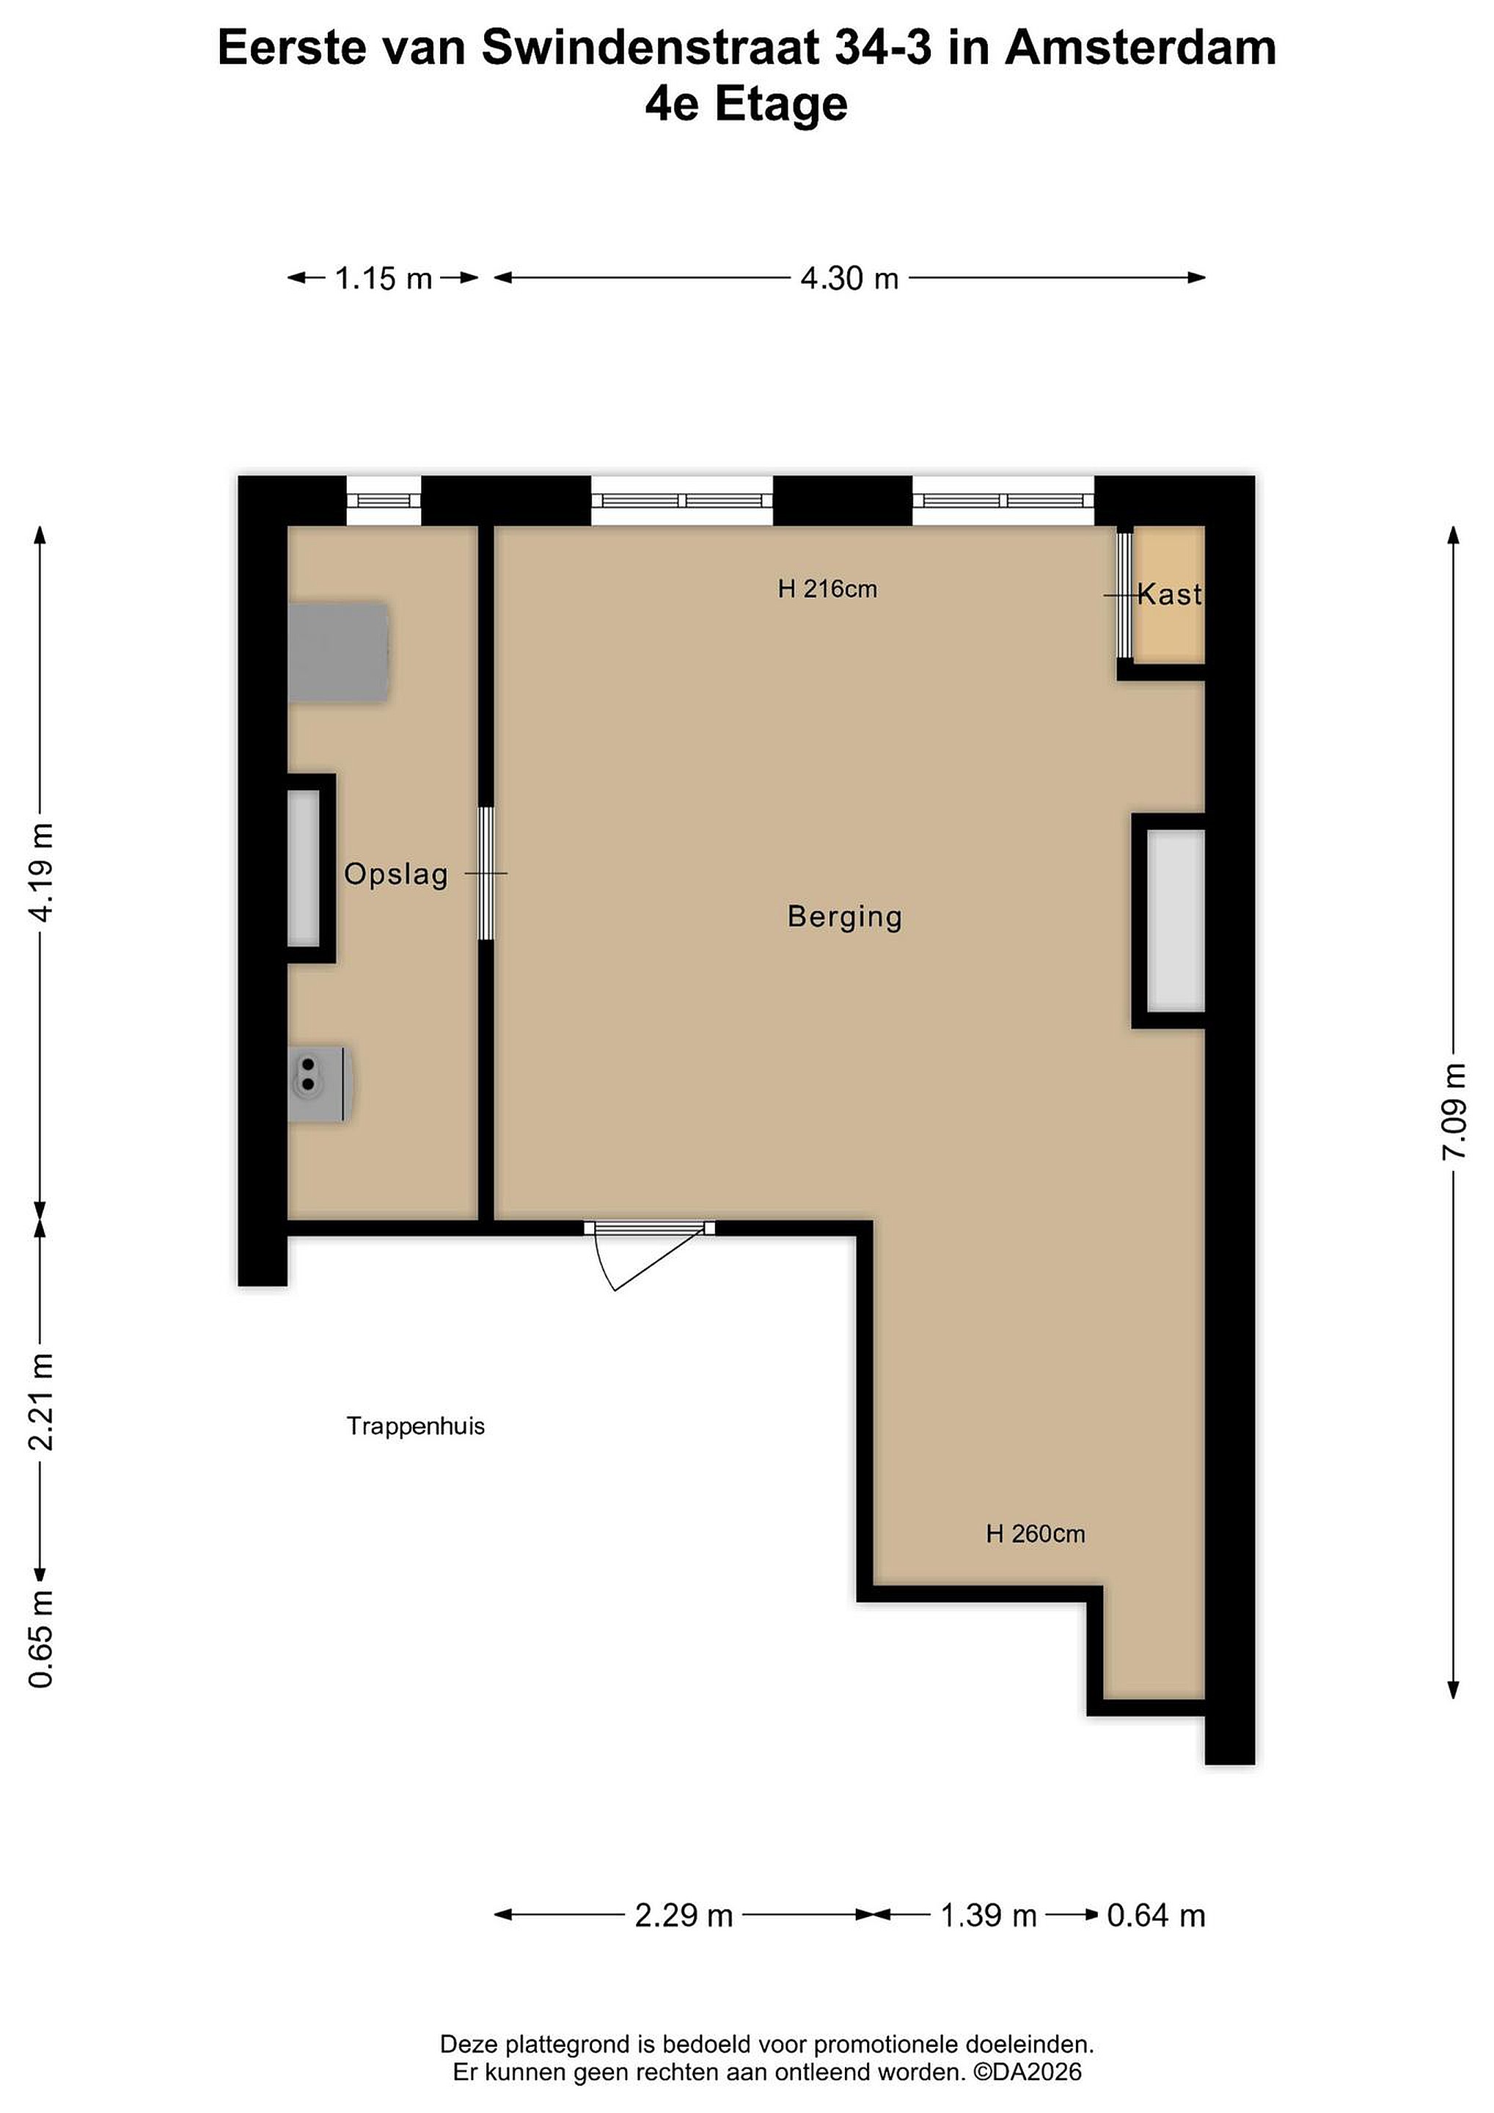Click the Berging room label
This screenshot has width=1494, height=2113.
coord(844,916)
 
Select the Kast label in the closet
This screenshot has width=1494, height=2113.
coord(1169,594)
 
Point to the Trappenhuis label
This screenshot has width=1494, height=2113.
coord(416,1426)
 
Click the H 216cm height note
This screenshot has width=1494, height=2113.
coord(827,589)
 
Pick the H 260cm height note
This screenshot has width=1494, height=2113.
coord(1035,1534)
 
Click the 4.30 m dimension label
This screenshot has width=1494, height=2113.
coord(849,278)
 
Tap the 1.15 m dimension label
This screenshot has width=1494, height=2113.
coord(383,278)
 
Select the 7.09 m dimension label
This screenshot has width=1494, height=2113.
coord(1454,1112)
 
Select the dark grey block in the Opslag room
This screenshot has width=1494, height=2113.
coord(337,654)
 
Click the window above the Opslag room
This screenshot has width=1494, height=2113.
coord(384,500)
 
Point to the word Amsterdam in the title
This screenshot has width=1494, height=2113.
coord(1140,48)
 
